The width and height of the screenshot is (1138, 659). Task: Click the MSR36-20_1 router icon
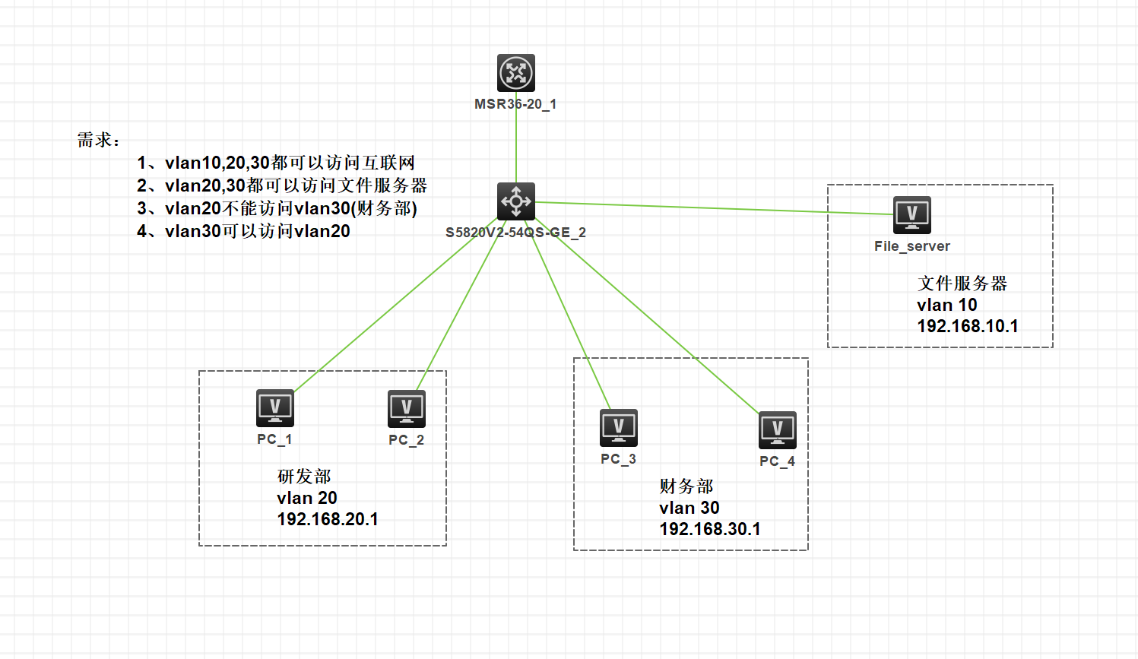[516, 73]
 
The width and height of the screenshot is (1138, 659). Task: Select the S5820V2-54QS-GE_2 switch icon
[516, 201]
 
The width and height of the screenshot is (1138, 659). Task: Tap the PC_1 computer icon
[275, 408]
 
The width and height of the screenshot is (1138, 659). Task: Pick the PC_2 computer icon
[407, 409]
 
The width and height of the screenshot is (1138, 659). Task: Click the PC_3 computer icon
[619, 428]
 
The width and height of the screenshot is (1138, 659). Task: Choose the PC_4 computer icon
[778, 430]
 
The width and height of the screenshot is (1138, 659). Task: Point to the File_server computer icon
[912, 214]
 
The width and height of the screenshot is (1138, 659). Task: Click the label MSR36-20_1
[515, 104]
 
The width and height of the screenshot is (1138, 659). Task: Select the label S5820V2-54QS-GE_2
[515, 233]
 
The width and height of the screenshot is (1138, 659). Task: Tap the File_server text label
[912, 246]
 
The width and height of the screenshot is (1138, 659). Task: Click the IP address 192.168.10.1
[968, 326]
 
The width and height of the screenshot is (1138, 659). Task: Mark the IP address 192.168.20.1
[328, 519]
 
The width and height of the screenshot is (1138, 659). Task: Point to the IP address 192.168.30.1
[710, 529]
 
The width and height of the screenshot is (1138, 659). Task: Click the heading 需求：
[99, 140]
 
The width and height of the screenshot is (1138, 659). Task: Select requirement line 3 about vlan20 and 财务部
[277, 208]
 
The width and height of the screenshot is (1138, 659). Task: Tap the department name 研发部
[304, 477]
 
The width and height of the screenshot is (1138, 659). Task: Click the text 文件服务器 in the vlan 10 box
[962, 284]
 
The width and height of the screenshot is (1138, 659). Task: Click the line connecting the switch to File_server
[715, 208]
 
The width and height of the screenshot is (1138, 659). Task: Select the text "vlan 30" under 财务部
[689, 508]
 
